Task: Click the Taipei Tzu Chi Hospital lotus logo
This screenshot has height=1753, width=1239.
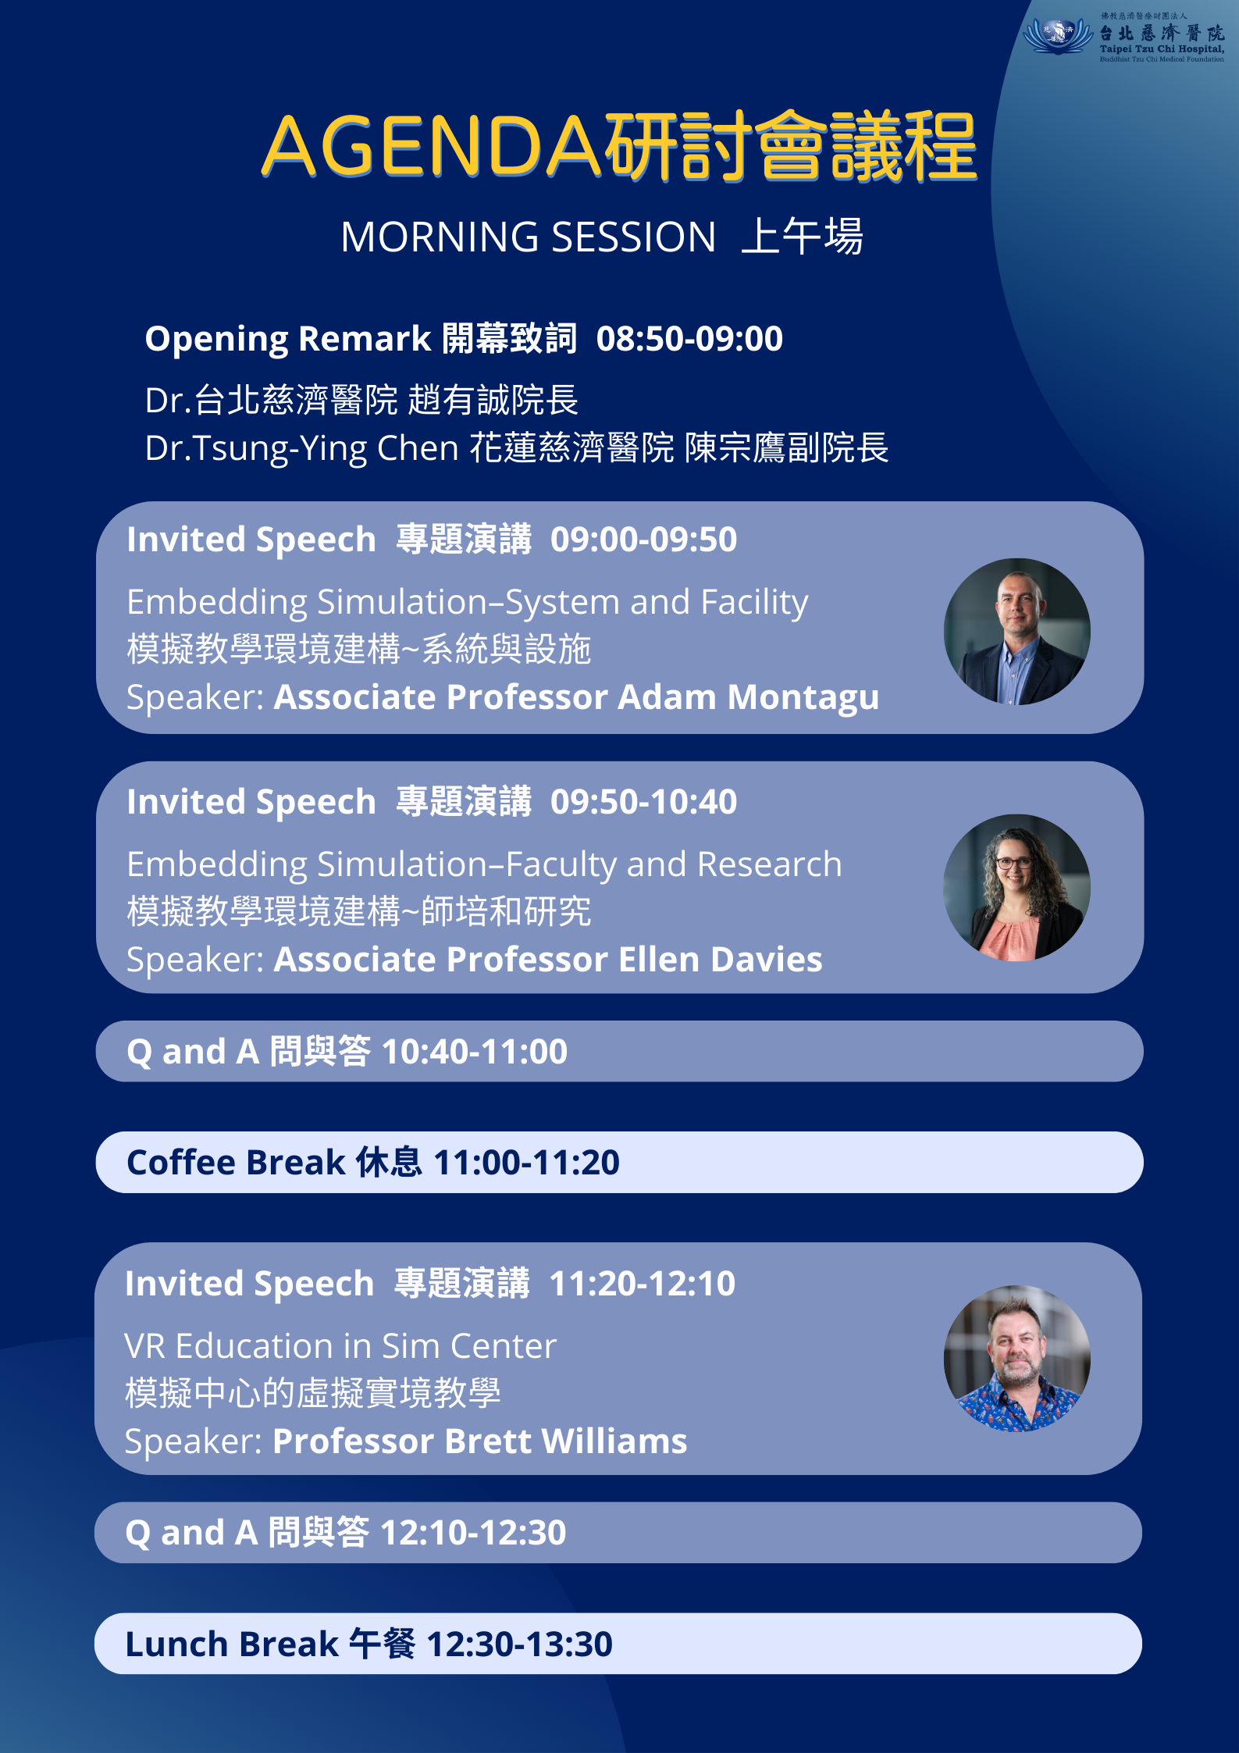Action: click(x=1058, y=36)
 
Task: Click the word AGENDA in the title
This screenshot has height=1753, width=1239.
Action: click(x=432, y=146)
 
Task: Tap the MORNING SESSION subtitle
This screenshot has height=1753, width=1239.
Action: click(x=528, y=237)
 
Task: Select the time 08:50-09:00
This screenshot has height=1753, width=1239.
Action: click(x=689, y=339)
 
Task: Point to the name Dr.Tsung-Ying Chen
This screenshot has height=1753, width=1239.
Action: click(x=301, y=449)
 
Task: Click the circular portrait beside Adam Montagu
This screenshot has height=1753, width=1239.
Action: click(x=1016, y=631)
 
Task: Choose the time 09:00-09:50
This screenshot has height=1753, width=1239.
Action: click(x=643, y=540)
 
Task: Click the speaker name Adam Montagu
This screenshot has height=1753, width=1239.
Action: click(x=749, y=697)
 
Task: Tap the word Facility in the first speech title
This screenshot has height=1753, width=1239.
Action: click(x=754, y=603)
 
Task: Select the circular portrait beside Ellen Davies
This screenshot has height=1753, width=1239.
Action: click(x=1016, y=888)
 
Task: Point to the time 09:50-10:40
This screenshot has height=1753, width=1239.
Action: click(x=643, y=802)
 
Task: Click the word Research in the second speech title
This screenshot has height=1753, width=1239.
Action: click(x=769, y=864)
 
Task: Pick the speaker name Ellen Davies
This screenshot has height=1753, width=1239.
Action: click(x=720, y=960)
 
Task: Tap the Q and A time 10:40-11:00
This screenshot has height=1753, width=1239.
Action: click(x=475, y=1052)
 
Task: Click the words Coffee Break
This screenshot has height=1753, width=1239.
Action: click(x=236, y=1163)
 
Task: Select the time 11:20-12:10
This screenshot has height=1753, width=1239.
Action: click(x=642, y=1284)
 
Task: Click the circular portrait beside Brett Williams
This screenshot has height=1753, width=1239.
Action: click(x=1016, y=1359)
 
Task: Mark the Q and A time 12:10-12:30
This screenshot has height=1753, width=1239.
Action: click(x=473, y=1533)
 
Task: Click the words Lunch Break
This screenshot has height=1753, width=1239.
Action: click(x=232, y=1644)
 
